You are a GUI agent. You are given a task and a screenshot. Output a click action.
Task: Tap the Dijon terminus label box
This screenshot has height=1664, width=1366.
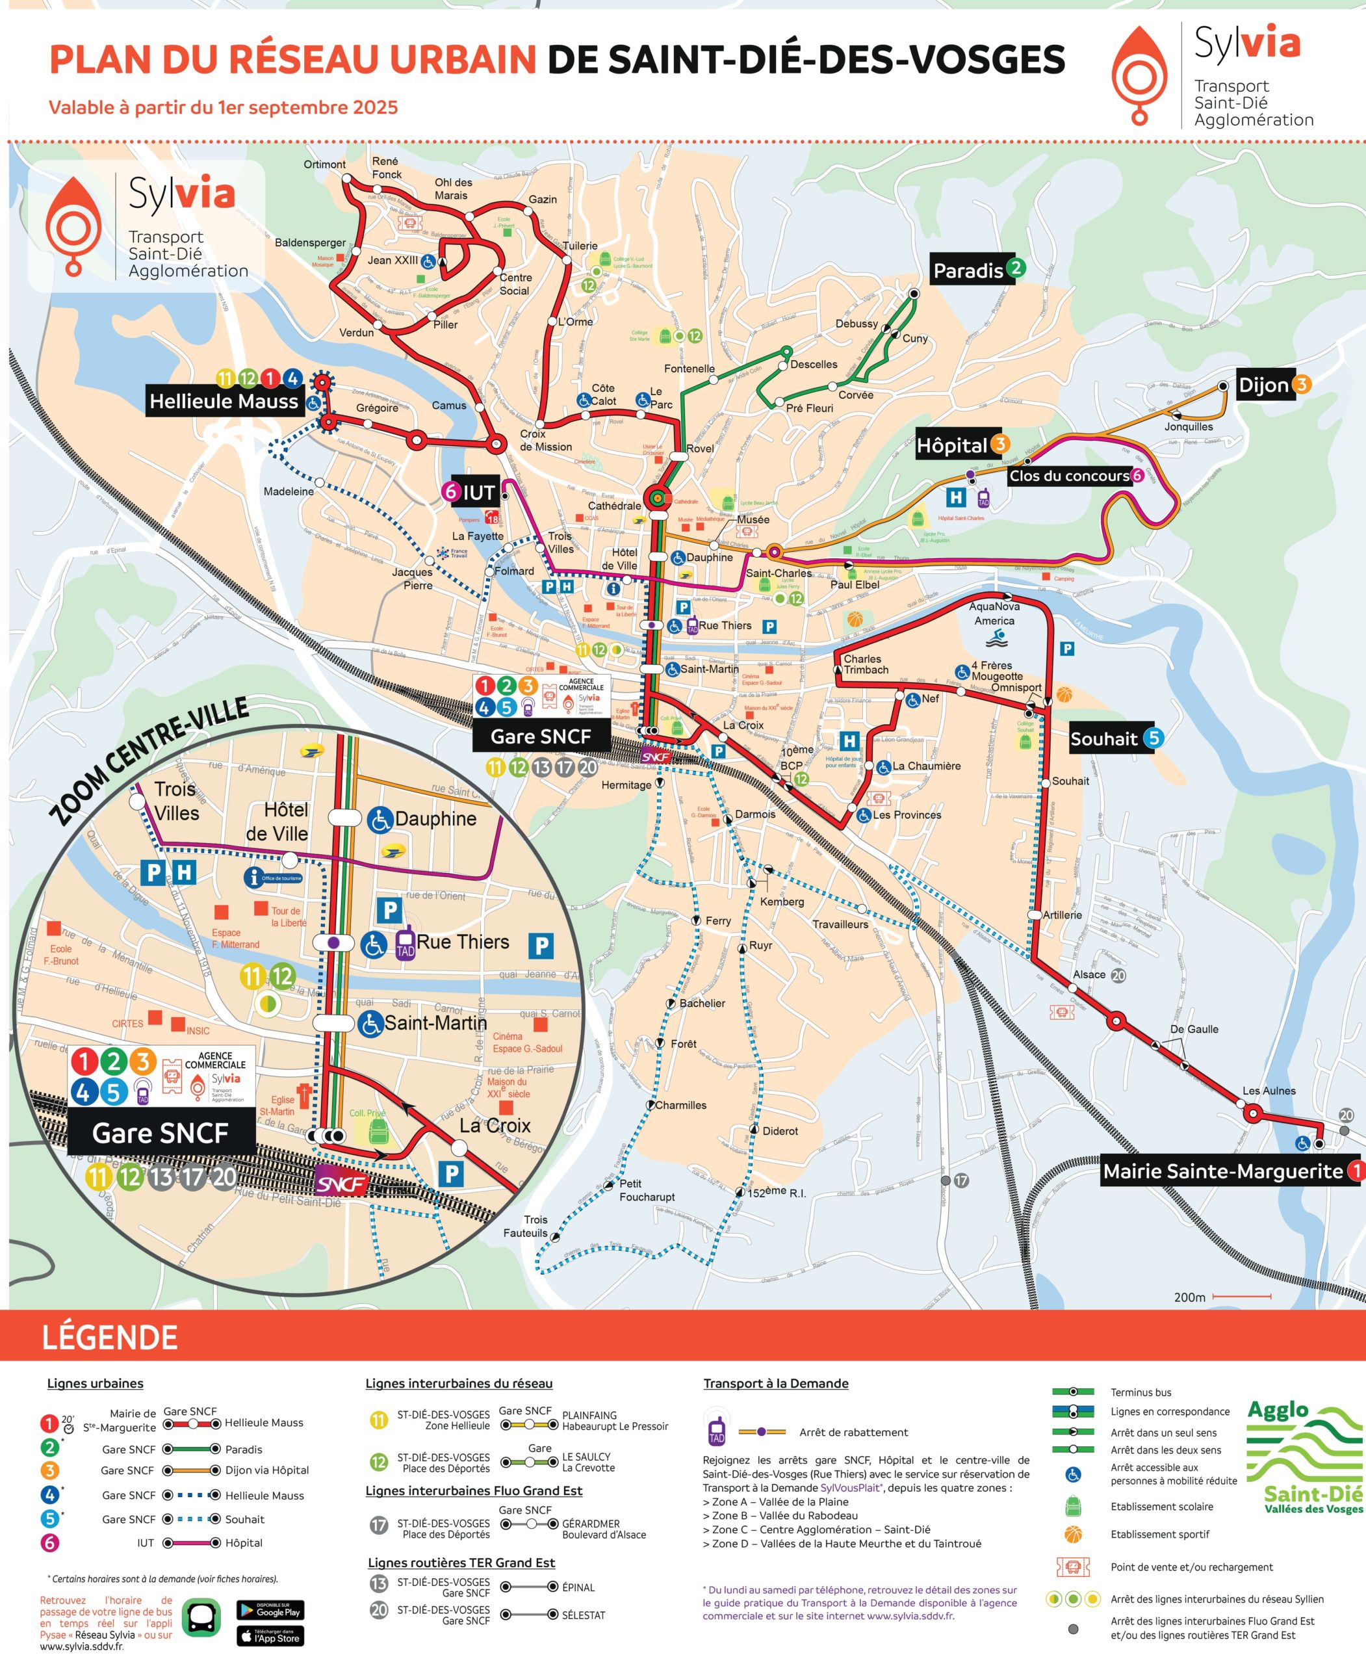click(1264, 385)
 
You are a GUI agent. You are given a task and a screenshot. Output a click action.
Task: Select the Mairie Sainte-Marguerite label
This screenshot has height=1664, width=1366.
click(1223, 1171)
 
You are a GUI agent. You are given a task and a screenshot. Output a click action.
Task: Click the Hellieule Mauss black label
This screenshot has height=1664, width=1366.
click(224, 402)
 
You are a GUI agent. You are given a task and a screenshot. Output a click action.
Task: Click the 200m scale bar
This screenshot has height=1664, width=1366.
click(1241, 1296)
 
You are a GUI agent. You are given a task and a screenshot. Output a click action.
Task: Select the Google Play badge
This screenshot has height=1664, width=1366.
click(270, 1609)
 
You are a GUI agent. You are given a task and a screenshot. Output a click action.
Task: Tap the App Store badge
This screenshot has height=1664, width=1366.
click(270, 1635)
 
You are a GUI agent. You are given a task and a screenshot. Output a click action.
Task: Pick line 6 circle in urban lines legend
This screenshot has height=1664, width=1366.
click(49, 1543)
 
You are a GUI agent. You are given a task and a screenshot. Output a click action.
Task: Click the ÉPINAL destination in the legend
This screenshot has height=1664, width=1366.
click(578, 1587)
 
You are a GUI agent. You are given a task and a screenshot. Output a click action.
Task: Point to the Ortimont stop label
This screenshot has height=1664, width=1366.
click(324, 164)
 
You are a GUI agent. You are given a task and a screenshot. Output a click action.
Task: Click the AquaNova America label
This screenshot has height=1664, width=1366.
click(994, 613)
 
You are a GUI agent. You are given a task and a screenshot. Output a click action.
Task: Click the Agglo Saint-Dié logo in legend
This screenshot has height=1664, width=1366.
click(1305, 1458)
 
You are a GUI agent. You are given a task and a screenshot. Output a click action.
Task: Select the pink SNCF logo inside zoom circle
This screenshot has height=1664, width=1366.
click(342, 1184)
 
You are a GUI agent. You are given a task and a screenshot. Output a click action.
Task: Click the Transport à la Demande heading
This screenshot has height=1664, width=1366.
click(775, 1383)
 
